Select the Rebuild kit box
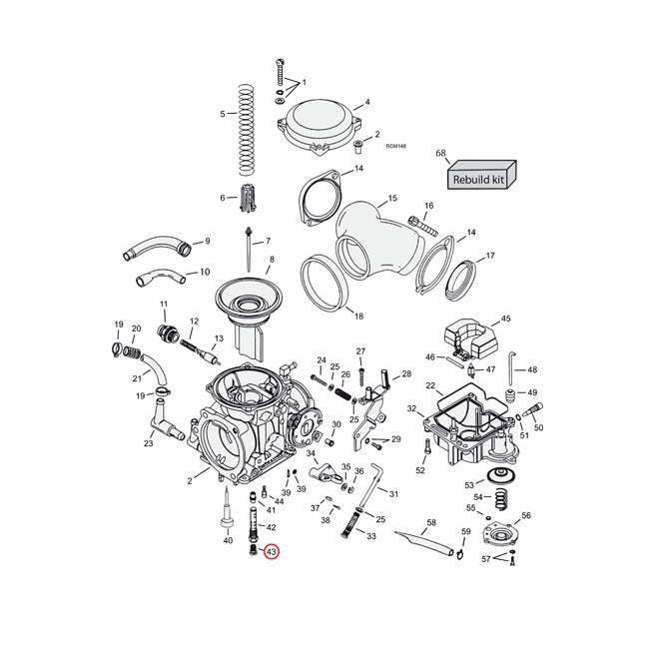480,178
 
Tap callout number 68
440,153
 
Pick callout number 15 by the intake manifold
392,199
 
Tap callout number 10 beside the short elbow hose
205,271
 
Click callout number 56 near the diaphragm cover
525,515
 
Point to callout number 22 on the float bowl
430,385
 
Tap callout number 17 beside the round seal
489,257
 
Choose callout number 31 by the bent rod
394,494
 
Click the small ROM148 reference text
394,146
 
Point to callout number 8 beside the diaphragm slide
271,260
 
